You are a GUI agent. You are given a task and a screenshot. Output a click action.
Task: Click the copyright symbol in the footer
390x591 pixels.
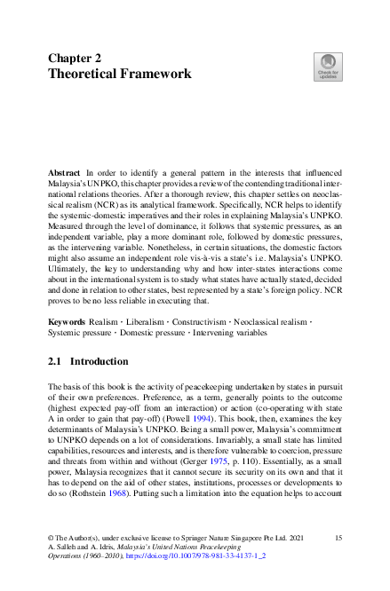pyautogui.click(x=51, y=539)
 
